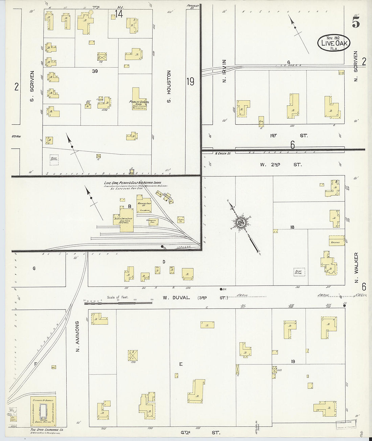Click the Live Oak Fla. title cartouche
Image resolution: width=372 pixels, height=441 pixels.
tap(333, 43)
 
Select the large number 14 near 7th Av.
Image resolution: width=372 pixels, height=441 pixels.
tap(119, 14)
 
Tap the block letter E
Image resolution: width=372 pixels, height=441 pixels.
tap(181, 364)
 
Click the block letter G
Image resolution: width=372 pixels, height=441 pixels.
tap(34, 268)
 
